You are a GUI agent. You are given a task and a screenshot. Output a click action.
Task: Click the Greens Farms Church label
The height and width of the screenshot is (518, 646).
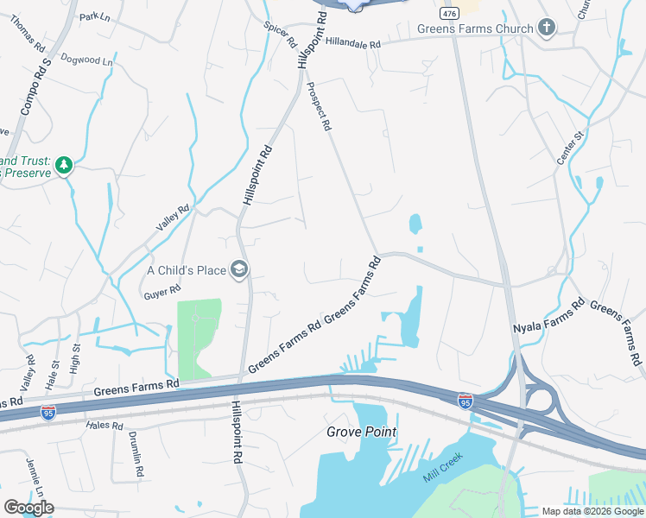[475, 28]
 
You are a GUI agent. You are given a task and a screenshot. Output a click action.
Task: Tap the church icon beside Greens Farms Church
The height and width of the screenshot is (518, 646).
[545, 28]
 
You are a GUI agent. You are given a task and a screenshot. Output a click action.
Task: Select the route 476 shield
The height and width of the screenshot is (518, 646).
[447, 14]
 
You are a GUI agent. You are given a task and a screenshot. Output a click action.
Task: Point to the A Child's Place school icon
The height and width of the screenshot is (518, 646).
[239, 270]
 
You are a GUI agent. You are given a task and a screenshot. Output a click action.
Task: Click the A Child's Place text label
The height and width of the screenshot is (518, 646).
[187, 270]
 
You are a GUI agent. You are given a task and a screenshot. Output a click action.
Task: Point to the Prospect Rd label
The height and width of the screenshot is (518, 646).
[319, 107]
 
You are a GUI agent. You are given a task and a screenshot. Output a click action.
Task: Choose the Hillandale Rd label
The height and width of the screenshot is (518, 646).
[352, 44]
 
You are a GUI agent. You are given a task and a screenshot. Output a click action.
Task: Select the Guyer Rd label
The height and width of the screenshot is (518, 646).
[161, 293]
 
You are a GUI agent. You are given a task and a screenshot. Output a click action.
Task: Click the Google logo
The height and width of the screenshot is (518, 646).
[28, 508]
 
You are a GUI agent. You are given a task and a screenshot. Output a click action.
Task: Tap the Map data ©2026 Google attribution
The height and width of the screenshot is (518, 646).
[592, 511]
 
